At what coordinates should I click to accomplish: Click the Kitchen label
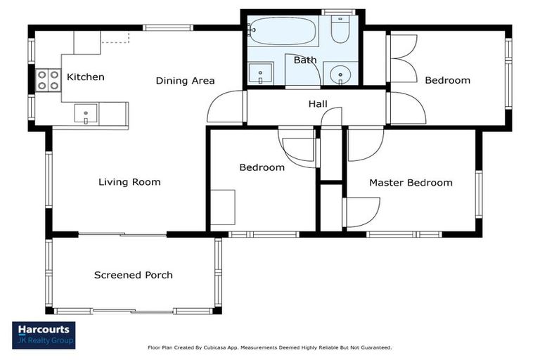(85, 77)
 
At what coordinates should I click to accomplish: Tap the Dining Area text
(186, 81)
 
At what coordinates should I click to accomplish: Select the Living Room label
(129, 182)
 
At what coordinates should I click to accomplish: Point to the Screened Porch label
(134, 275)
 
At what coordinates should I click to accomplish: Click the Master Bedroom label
(411, 183)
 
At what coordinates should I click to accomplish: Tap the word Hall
(318, 103)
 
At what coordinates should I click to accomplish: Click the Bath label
(305, 60)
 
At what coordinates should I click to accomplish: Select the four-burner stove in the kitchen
(49, 80)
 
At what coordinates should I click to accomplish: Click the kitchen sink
(86, 114)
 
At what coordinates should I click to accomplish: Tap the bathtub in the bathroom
(282, 32)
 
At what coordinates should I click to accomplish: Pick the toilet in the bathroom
(340, 29)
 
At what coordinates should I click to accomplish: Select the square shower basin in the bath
(261, 73)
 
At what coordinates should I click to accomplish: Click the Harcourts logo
(44, 335)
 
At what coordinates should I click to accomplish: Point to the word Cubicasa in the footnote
(214, 347)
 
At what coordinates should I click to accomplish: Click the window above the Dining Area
(168, 27)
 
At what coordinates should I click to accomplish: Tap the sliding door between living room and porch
(122, 235)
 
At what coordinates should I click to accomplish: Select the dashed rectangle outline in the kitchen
(115, 37)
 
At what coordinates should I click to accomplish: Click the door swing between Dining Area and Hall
(225, 106)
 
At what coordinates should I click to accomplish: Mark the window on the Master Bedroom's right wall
(479, 194)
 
